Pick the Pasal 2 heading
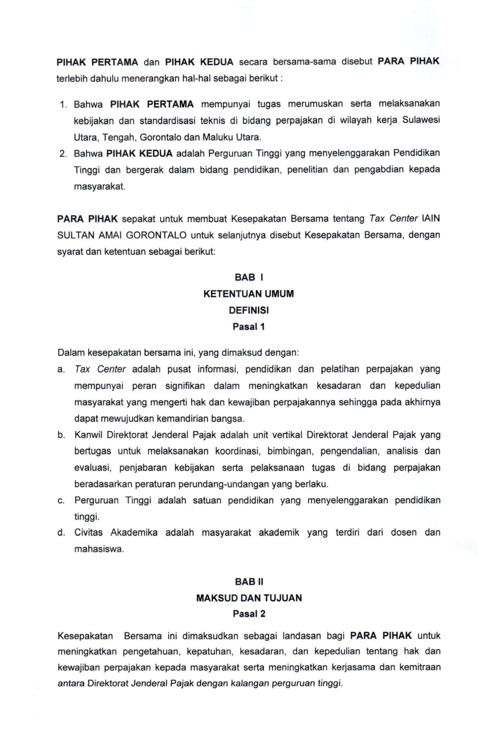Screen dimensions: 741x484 point(249,614)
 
